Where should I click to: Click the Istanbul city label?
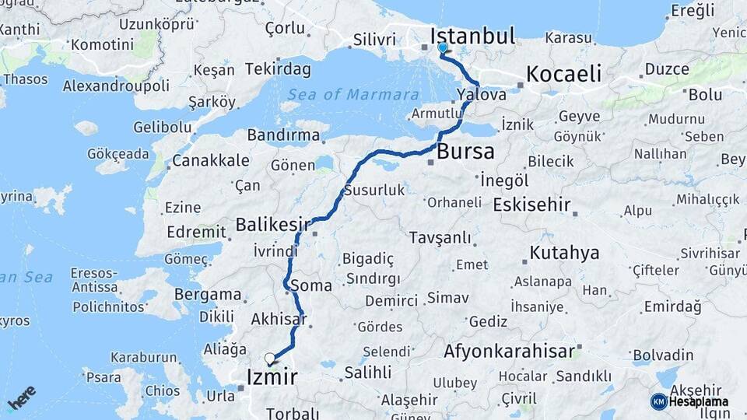(473, 36)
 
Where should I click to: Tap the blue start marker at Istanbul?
(443, 48)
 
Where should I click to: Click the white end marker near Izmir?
(270, 359)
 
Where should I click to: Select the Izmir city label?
(272, 378)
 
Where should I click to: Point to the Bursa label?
(466, 152)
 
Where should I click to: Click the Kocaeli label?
(564, 75)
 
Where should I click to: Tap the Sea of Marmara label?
(353, 95)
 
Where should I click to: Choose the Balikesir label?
(268, 226)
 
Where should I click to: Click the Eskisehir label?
(532, 205)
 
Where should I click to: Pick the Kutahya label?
(565, 253)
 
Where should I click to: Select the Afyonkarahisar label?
(510, 352)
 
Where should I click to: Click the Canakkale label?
(211, 161)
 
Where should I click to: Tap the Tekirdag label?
(278, 68)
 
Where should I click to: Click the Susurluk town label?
(374, 190)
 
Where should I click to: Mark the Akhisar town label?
(279, 319)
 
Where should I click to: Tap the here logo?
(22, 397)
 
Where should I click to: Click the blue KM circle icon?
(659, 401)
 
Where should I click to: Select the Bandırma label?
(283, 135)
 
